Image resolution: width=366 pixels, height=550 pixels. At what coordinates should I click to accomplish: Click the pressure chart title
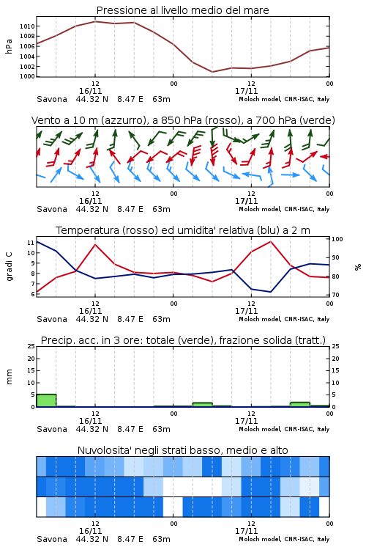182,10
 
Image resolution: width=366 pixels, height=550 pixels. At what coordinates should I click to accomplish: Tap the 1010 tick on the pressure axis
27,26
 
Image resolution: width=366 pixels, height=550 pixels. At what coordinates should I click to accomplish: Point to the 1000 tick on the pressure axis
27,76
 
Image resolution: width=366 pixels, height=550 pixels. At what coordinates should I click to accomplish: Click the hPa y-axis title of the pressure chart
9,46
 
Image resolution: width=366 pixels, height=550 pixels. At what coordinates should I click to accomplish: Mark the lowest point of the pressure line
212,72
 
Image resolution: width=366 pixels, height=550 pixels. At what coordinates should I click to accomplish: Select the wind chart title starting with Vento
183,120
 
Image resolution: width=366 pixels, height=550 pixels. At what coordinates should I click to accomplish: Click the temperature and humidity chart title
183,230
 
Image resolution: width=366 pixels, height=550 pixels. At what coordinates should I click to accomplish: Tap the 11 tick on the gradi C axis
31,243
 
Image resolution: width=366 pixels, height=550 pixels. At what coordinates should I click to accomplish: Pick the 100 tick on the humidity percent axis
337,239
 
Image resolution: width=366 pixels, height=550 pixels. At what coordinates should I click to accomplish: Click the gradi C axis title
9,267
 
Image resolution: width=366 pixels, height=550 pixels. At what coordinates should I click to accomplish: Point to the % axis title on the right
358,267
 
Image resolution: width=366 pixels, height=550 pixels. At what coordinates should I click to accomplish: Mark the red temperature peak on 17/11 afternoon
271,241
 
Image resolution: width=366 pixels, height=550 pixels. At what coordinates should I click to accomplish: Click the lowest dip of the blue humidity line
270,292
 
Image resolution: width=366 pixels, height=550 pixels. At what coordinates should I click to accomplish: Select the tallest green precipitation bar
46,400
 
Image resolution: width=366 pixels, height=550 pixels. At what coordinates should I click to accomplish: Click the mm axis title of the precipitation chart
9,377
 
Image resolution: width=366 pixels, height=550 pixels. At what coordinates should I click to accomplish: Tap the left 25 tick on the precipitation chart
31,346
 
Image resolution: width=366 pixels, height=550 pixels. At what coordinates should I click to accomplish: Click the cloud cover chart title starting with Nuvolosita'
182,450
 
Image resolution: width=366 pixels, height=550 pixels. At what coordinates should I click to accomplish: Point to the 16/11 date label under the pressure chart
90,91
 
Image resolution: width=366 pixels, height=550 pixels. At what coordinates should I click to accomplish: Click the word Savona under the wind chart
52,209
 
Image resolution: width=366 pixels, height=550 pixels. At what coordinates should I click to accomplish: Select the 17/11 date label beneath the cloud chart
246,531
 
